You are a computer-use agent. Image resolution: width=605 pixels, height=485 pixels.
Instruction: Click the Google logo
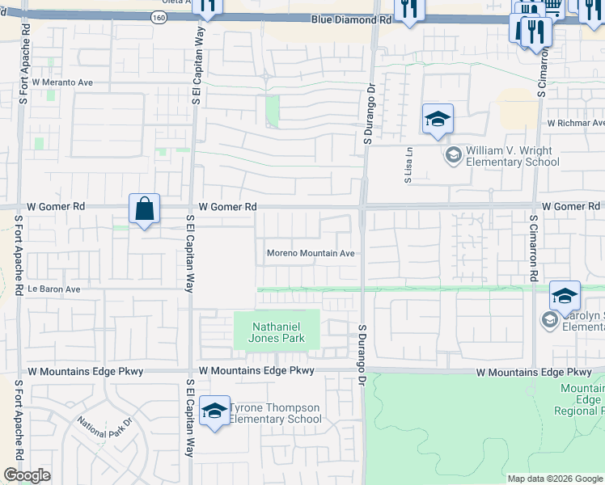tap(27, 475)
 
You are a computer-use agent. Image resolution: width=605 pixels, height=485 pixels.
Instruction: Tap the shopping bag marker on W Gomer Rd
tap(144, 209)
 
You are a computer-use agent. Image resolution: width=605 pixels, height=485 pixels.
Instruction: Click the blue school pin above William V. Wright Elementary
tap(438, 120)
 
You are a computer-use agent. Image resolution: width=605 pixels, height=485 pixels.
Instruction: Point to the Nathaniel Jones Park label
tap(277, 332)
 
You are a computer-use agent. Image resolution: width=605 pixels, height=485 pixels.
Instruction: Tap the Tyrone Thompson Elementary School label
tap(276, 413)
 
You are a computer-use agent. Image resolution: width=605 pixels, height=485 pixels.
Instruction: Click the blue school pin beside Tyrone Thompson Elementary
tap(214, 411)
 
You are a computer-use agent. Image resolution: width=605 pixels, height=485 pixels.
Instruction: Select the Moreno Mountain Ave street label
tap(311, 253)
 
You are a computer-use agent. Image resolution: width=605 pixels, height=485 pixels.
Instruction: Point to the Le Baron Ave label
tap(54, 289)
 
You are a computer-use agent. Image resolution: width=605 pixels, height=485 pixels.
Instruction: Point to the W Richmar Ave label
tap(575, 124)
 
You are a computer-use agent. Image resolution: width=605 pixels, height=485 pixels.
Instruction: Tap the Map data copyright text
tap(555, 479)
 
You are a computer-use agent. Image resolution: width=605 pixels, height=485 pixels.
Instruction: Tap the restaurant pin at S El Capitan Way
tap(209, 6)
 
